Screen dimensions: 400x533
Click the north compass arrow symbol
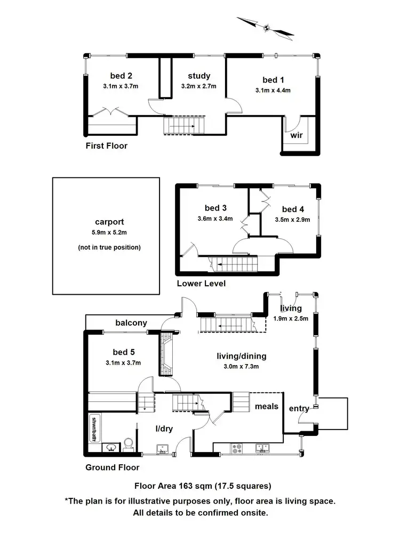click(266, 28)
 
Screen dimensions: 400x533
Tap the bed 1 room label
click(273, 80)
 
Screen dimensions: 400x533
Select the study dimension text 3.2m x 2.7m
click(198, 86)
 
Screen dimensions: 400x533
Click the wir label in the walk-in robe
click(296, 135)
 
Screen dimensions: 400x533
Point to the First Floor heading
click(107, 146)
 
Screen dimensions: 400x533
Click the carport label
click(109, 222)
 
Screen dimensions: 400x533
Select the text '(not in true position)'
click(109, 247)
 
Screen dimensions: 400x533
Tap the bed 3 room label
click(215, 208)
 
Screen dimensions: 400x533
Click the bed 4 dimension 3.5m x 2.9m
click(292, 220)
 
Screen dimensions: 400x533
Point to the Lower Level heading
click(201, 284)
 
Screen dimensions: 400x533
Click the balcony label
click(131, 323)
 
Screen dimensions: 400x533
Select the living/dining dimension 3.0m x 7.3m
click(241, 367)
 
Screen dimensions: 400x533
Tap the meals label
click(267, 407)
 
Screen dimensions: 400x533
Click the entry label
click(299, 409)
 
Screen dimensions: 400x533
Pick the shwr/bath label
click(94, 429)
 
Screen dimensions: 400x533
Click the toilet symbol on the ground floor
click(129, 445)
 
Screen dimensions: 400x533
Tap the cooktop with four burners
click(237, 449)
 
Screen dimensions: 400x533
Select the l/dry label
click(164, 429)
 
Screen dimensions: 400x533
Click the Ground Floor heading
click(112, 468)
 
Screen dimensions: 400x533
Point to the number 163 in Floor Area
click(186, 486)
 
